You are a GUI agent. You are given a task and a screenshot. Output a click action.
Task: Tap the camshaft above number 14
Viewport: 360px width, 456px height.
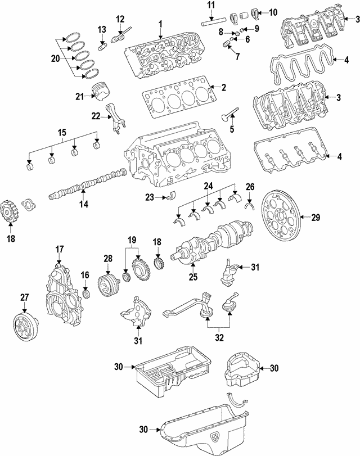(87, 185)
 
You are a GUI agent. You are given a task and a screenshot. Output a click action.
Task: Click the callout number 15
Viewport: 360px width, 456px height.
(62, 133)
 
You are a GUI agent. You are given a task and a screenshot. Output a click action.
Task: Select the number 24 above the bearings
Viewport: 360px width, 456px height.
(208, 186)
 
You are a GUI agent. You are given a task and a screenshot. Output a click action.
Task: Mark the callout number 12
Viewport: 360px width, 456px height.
(120, 19)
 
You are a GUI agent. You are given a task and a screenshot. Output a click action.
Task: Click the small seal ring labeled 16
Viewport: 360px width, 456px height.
(85, 294)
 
